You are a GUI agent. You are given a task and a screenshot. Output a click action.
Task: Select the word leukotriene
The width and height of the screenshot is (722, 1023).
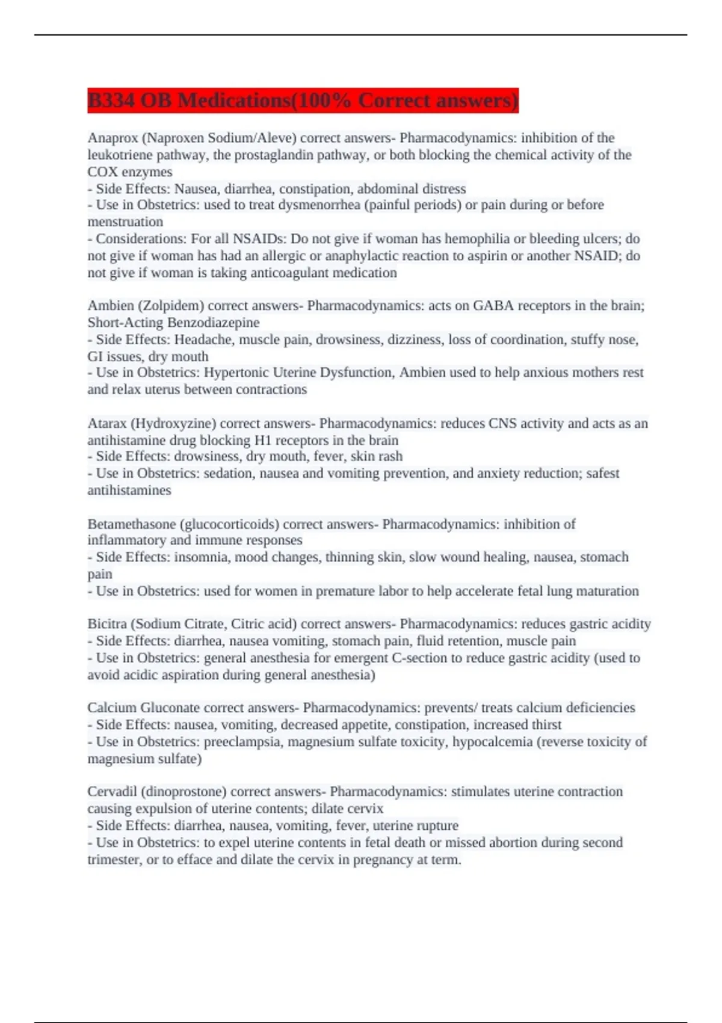pyautogui.click(x=120, y=155)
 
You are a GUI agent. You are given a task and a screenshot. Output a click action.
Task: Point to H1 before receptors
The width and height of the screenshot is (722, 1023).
pyautogui.click(x=264, y=440)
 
